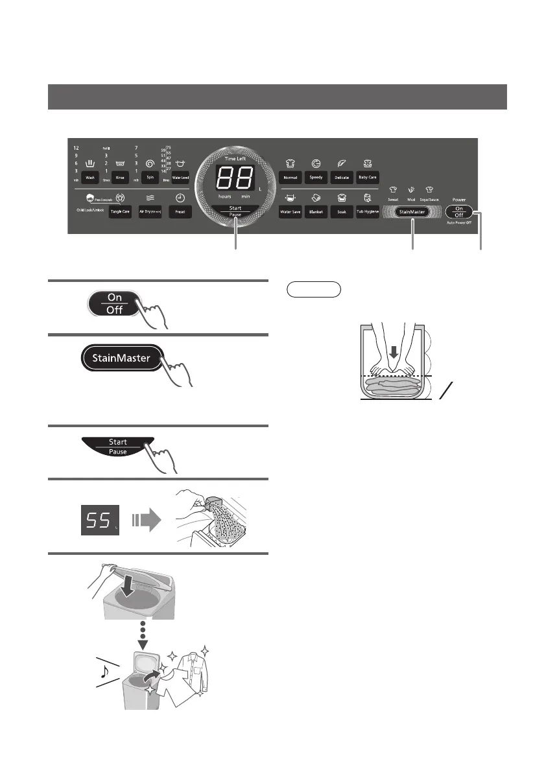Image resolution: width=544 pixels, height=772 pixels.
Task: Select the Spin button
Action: [150, 177]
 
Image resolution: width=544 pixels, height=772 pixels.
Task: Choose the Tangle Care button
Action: [119, 212]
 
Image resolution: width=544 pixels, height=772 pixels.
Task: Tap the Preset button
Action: [180, 212]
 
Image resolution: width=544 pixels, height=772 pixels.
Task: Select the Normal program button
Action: [290, 176]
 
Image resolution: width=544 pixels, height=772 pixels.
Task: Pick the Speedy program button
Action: [316, 176]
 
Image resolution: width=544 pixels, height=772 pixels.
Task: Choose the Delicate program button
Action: [342, 176]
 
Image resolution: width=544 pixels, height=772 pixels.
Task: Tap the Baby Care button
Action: [368, 176]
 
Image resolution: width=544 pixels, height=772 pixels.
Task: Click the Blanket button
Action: [316, 212]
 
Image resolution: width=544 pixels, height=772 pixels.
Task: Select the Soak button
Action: [342, 212]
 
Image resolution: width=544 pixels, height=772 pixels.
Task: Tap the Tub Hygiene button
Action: [368, 212]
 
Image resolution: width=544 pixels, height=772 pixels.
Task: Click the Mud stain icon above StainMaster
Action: [410, 191]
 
